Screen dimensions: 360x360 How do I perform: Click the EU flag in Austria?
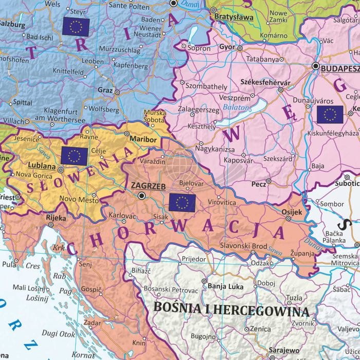coord(75,26)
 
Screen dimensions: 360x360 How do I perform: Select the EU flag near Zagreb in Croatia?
coord(182,203)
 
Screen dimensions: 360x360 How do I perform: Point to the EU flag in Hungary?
coord(330,115)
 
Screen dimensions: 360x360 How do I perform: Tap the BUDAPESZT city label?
coord(339,67)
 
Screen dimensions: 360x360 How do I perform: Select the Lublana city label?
coord(41,166)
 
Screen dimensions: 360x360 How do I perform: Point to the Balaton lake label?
coord(236,107)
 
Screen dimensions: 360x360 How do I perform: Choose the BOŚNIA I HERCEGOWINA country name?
coord(231,311)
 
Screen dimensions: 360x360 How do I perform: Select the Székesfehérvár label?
coord(265,82)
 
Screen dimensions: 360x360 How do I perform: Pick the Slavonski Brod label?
coord(243,247)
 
